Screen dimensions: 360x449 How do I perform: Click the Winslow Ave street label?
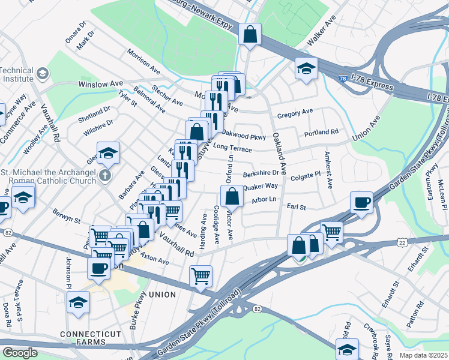coord(100,84)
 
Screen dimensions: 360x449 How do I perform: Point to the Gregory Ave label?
coord(295,112)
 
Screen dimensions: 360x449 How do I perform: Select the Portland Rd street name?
coord(321,132)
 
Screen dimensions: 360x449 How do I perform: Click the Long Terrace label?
coord(232,148)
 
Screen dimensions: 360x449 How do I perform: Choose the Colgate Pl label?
coord(306,176)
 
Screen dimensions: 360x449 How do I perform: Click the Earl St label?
coord(297,207)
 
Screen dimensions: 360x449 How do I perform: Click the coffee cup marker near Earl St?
coord(362,203)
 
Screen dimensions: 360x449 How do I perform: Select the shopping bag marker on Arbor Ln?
coord(232,196)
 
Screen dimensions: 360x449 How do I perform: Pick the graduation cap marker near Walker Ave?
coord(306,68)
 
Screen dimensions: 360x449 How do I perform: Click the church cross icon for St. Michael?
coord(105,176)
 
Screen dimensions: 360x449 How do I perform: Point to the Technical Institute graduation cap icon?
coord(43,74)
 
